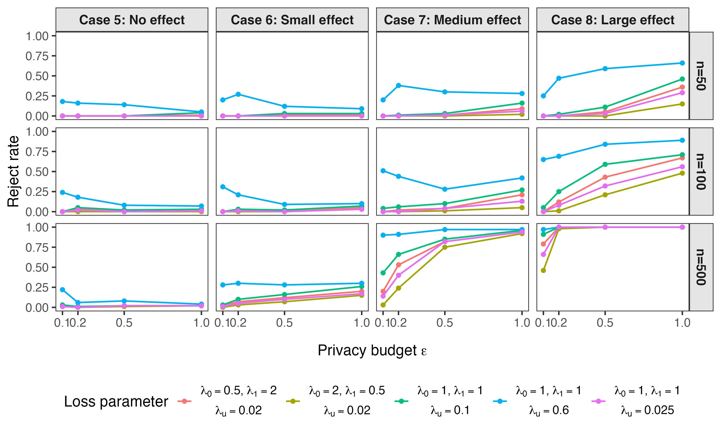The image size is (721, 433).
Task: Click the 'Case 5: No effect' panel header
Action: point(132,20)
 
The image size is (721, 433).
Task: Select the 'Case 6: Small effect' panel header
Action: point(292,20)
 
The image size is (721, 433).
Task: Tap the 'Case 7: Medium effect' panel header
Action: point(452,20)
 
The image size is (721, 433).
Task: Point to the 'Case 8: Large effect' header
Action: point(613,20)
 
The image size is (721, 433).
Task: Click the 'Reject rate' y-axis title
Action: point(13,172)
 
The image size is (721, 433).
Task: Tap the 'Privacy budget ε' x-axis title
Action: point(372,350)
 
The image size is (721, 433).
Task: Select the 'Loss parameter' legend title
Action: point(116,401)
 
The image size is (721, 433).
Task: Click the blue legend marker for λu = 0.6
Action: point(500,401)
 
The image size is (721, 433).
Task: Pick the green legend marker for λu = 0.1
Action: point(401,401)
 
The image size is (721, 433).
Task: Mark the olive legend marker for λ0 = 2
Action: point(293,401)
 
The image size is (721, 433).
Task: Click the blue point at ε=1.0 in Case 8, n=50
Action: point(682,63)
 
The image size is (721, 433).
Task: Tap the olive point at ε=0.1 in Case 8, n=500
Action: point(543,270)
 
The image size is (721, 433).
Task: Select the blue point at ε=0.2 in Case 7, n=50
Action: point(398,85)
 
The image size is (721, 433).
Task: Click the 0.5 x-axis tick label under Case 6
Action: point(285,323)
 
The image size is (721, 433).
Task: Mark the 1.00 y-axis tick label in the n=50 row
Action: point(37,36)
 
